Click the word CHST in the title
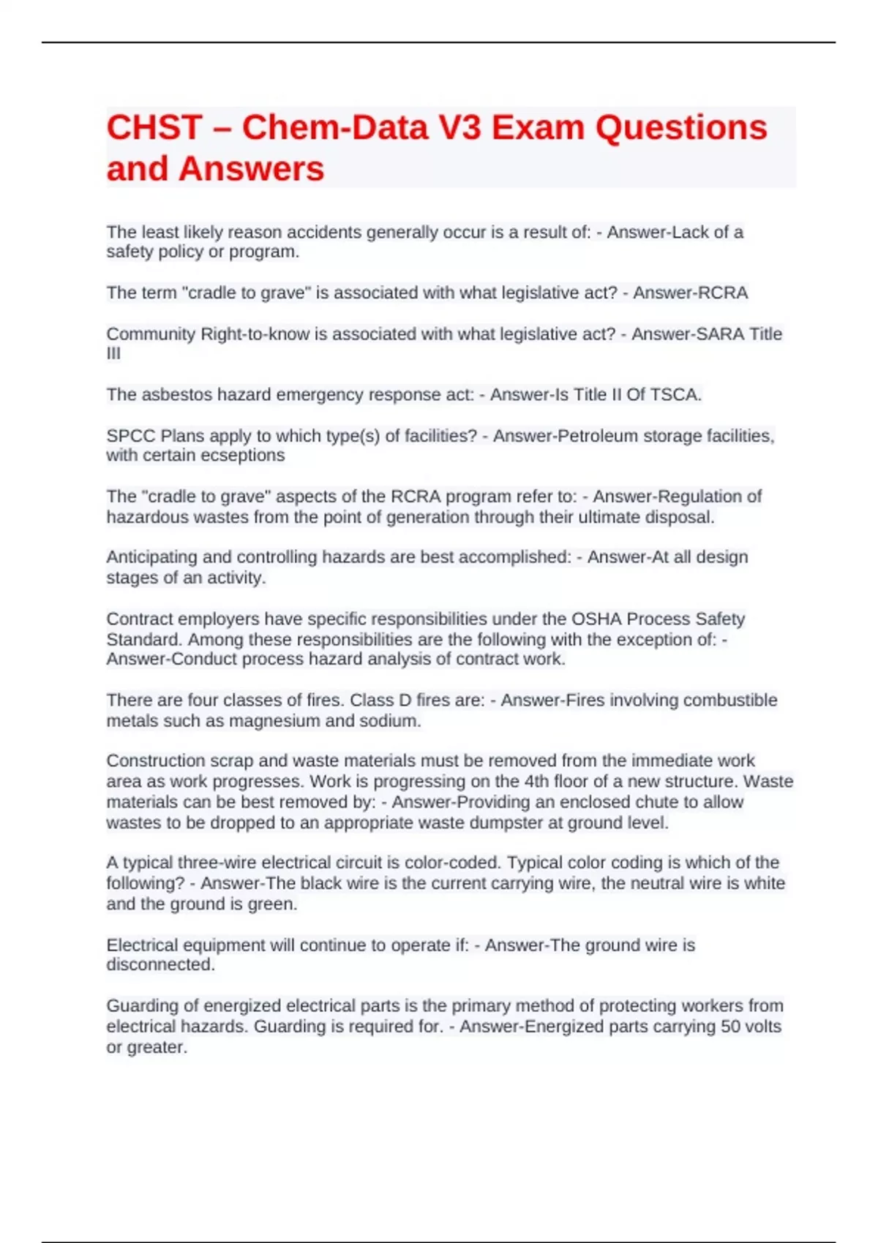154,128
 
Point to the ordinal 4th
536,782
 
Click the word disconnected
160,965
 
